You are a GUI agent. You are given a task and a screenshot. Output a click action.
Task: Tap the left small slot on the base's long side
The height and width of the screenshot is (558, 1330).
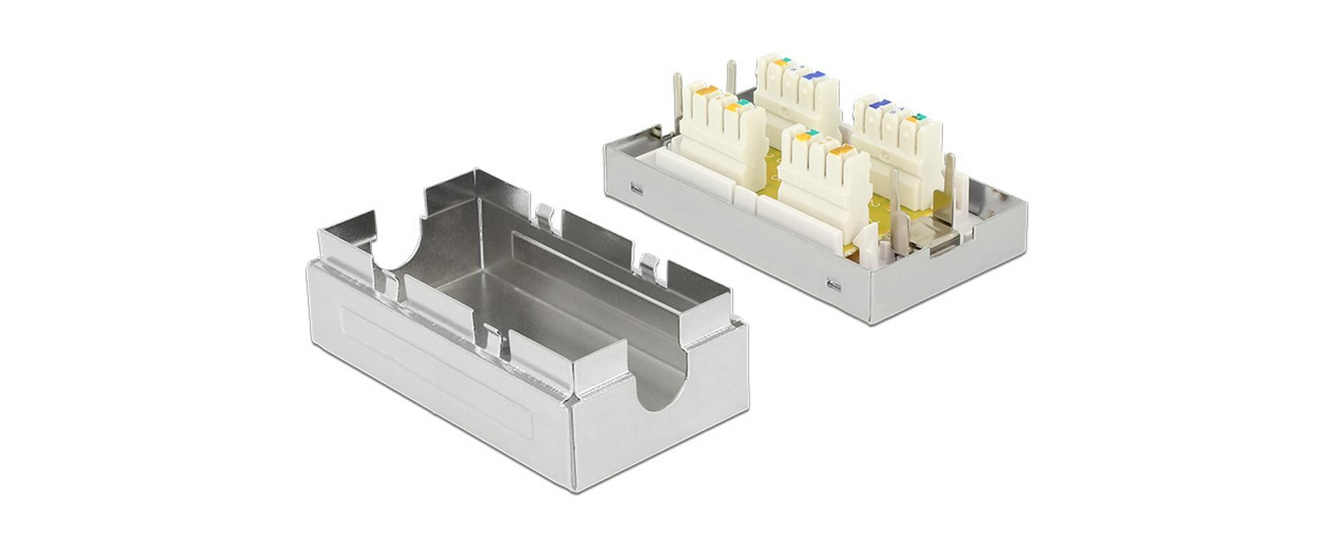[x=636, y=188]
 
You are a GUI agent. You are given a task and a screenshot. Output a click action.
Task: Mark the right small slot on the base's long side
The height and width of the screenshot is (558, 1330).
[x=834, y=284]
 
